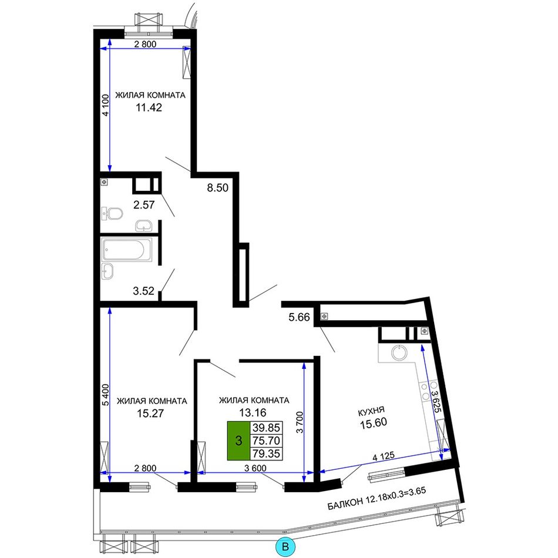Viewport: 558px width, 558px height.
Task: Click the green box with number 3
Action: (239, 441)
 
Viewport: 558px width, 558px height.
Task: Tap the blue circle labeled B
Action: (285, 546)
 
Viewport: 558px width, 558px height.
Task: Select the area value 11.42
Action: (149, 107)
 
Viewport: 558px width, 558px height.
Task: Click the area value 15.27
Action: (150, 414)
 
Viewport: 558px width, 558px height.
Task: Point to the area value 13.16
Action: (253, 413)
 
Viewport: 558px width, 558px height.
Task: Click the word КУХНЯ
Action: (371, 412)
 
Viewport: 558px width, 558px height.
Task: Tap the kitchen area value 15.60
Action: (374, 423)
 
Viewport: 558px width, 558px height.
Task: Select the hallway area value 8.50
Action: (218, 187)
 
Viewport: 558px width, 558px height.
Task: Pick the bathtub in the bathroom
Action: (127, 250)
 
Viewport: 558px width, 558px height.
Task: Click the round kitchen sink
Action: (399, 353)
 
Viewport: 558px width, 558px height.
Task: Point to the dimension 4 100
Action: (105, 105)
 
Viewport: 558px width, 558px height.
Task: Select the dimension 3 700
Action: (300, 422)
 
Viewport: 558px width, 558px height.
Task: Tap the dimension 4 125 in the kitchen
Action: (384, 456)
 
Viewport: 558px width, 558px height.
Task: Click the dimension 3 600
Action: (255, 468)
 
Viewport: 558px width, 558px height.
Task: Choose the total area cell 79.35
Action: (266, 453)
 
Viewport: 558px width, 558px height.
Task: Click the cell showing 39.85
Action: (266, 428)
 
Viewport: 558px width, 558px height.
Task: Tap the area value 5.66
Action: (300, 317)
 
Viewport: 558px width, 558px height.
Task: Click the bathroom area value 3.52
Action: (144, 291)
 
